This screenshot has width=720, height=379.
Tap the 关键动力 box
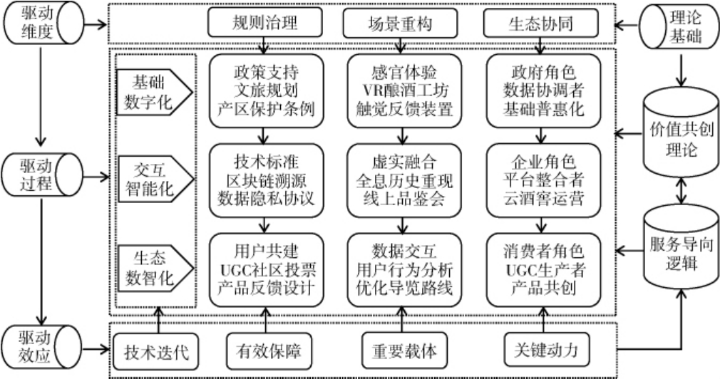(x=543, y=351)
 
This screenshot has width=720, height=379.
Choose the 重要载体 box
(x=403, y=351)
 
